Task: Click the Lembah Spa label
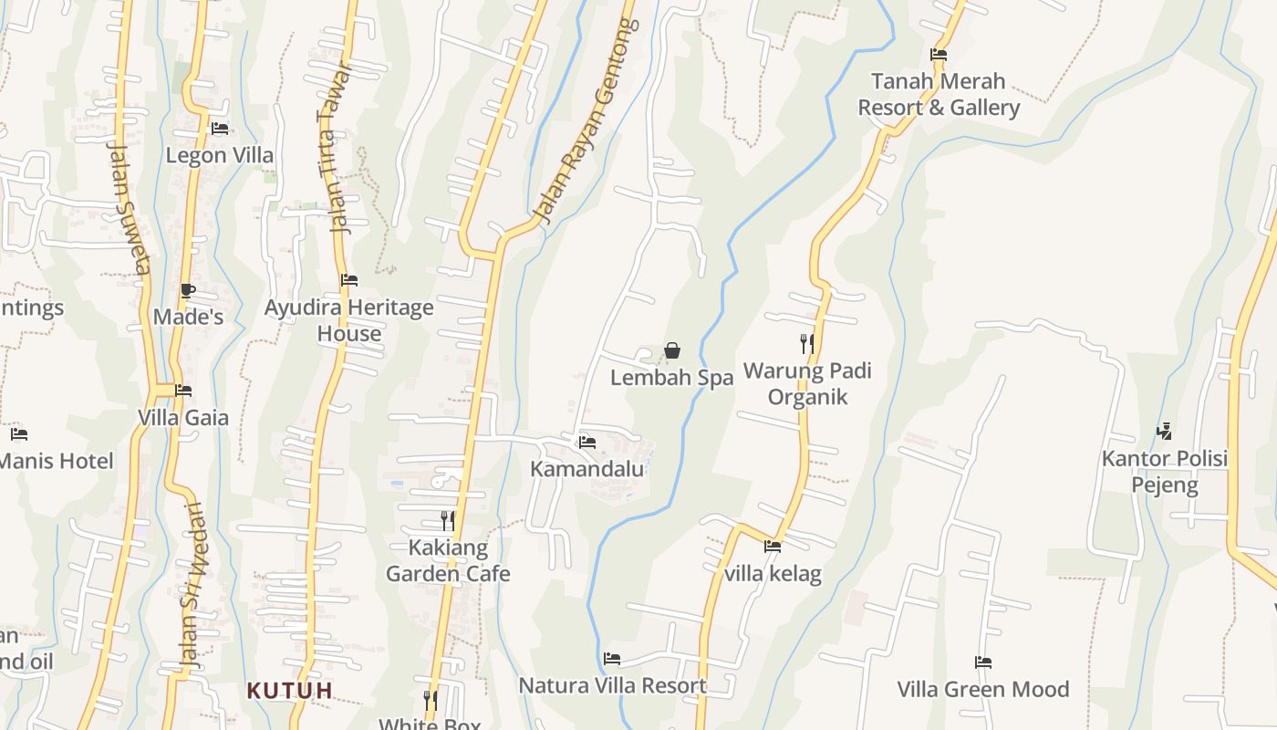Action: pos(671,378)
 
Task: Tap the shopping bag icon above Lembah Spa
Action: pos(672,350)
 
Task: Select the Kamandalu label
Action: pos(587,469)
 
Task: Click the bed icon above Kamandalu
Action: pos(587,443)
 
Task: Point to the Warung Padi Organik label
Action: pos(807,384)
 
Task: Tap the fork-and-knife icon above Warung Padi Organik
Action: pos(807,344)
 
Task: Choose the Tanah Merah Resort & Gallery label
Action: pos(939,94)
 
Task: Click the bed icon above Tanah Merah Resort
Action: pos(939,55)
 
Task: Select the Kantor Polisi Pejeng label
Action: pos(1165,471)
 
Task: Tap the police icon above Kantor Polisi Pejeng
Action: pos(1164,431)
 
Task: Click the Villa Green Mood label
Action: pos(982,689)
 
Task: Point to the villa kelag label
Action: pos(773,574)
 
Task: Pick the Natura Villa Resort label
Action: pos(612,685)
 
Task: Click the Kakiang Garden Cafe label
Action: pos(448,561)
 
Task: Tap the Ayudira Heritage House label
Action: pos(348,320)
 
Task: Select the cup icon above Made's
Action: pos(188,291)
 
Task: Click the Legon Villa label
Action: pos(219,155)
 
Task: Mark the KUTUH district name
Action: pos(290,690)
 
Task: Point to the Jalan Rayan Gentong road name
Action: pos(587,121)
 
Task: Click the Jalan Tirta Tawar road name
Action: pos(335,149)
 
